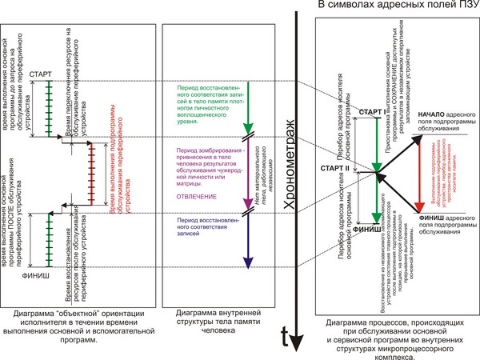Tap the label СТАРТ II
coord(335,170)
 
